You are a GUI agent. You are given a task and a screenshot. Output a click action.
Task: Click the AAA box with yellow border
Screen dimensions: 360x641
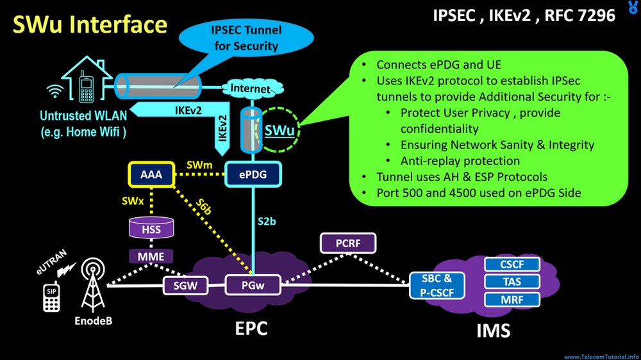pos(152,174)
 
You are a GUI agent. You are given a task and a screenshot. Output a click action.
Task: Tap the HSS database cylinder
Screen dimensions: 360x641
pos(151,227)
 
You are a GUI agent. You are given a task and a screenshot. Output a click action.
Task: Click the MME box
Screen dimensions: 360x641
pos(151,257)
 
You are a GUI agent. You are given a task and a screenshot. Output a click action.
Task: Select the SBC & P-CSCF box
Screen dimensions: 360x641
pos(437,284)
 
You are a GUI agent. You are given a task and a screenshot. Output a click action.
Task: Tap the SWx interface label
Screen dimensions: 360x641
pos(130,201)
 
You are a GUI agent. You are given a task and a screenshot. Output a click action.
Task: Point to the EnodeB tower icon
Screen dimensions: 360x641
pos(92,284)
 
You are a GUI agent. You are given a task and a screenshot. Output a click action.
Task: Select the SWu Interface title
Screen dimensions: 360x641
pos(90,24)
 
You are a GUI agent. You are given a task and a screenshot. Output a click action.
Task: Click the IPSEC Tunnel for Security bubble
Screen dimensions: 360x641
pos(245,38)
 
